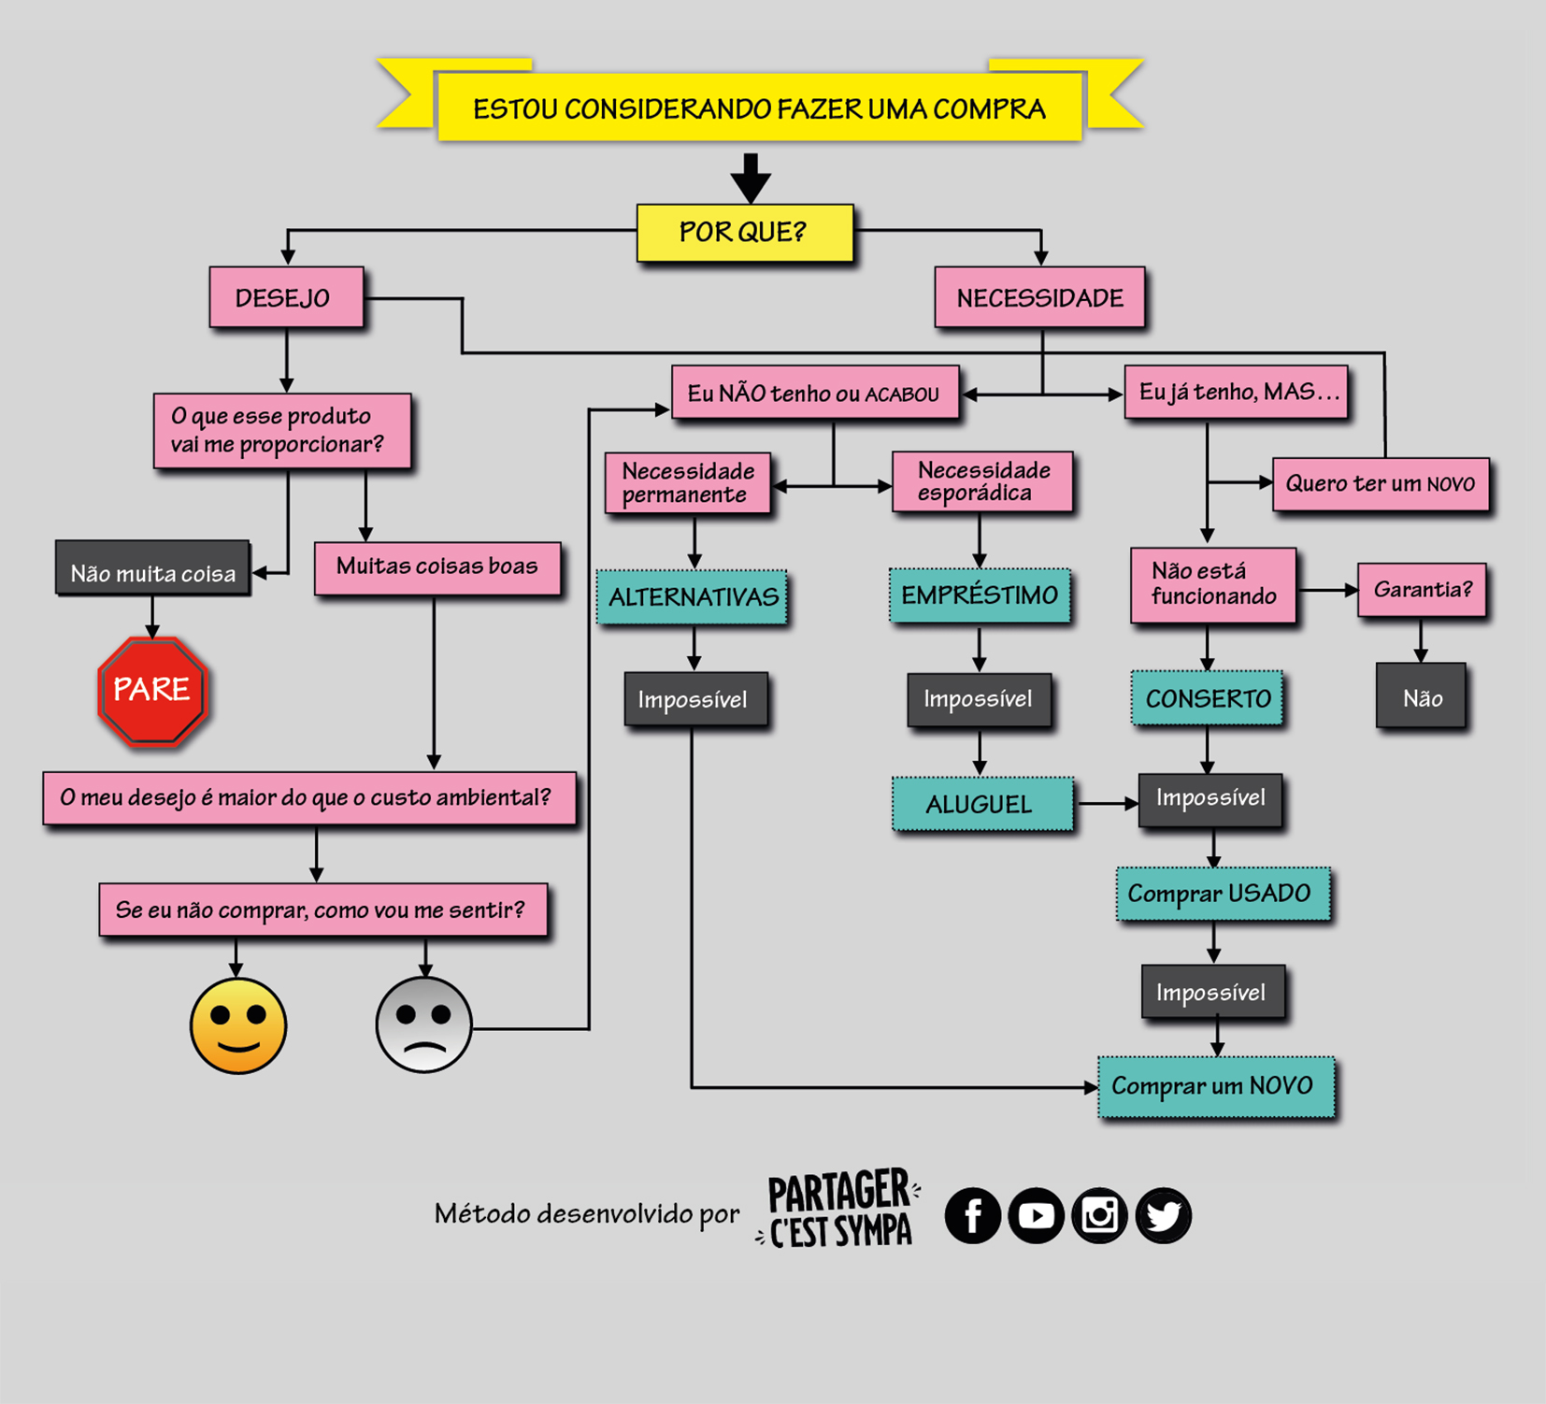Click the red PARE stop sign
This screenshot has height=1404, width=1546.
point(152,691)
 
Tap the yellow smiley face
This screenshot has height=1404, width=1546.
point(238,1026)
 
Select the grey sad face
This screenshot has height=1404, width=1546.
point(424,1025)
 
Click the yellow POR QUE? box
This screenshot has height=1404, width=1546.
point(745,232)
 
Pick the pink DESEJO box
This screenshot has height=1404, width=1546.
point(286,297)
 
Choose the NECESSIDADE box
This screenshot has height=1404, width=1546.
point(1039,297)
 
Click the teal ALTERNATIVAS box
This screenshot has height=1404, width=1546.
point(693,597)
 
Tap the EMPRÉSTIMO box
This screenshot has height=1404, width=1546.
point(980,595)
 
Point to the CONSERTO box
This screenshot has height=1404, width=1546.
point(1207,697)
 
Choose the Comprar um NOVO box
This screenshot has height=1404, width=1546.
point(1216,1087)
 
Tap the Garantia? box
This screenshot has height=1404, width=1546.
point(1422,590)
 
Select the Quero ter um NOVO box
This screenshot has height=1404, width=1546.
point(1381,484)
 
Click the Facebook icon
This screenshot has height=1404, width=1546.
point(973,1215)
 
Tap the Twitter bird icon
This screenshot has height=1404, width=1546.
point(1164,1215)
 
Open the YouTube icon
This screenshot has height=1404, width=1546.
point(1037,1215)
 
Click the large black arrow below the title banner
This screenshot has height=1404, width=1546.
point(751,178)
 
